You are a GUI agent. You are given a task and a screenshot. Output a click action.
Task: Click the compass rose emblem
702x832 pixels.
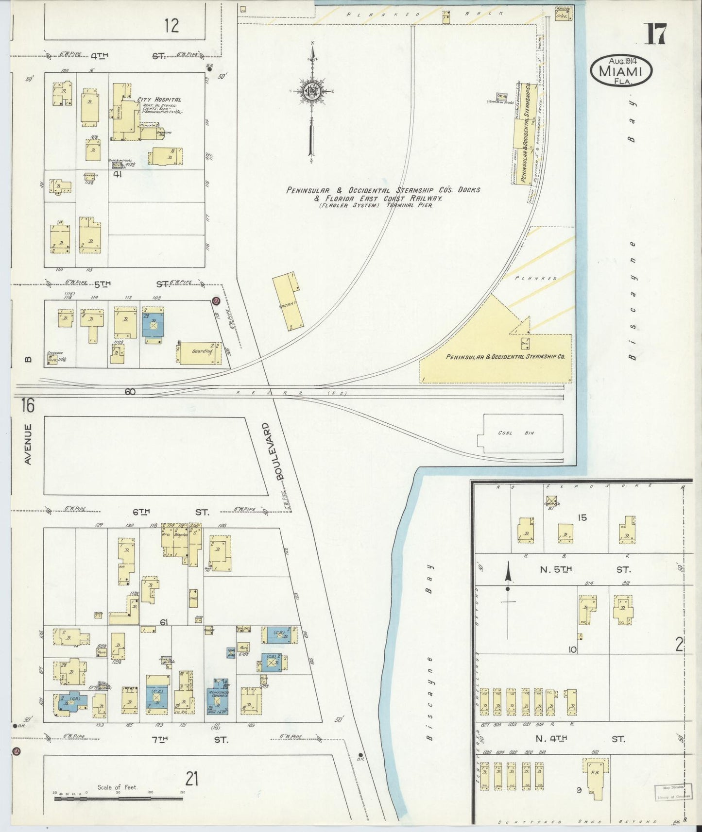311,91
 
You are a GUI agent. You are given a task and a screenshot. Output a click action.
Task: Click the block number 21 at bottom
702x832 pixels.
192,779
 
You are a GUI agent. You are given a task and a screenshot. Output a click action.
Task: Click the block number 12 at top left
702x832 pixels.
171,25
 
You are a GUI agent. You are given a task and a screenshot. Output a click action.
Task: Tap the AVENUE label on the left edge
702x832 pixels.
28,444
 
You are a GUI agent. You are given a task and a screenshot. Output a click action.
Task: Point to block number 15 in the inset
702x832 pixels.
582,517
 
